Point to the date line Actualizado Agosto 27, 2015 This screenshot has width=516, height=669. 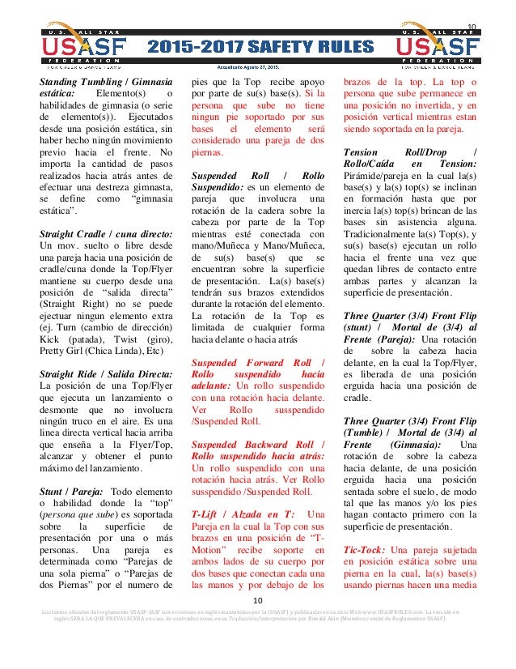[x=258, y=68]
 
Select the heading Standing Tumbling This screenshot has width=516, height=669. [x=88, y=82]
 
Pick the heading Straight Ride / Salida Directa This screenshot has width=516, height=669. [x=105, y=373]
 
